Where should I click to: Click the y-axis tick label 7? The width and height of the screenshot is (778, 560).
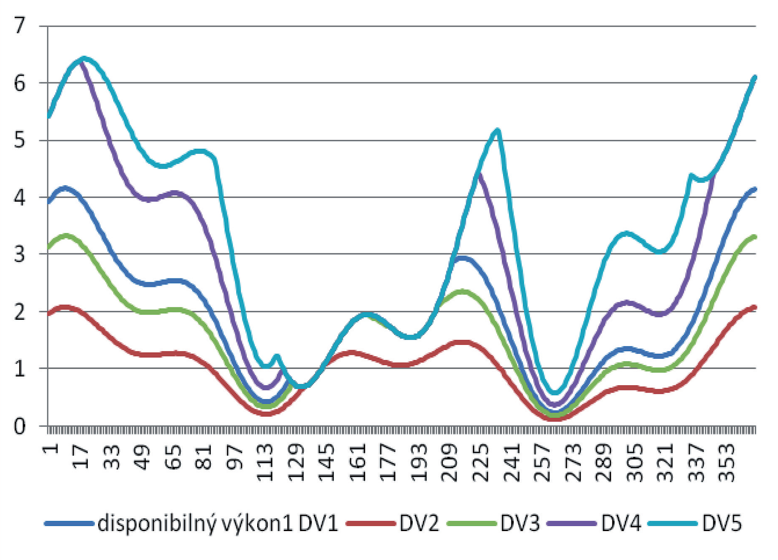20,26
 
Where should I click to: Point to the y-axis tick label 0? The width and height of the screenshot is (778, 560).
20,427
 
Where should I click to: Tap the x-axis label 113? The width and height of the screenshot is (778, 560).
265,463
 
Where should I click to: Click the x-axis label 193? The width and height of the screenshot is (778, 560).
419,463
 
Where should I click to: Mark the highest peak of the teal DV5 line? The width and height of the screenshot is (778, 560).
84,58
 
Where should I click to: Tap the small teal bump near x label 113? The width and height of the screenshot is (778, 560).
277,357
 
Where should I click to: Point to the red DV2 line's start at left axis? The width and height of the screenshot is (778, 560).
49,314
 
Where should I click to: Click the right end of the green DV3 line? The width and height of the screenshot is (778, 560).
755,237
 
